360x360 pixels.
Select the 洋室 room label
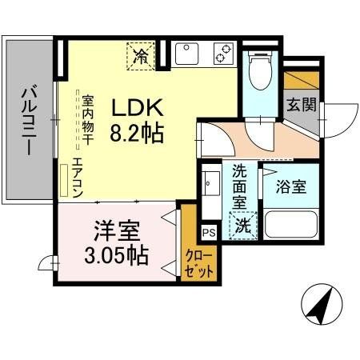click(118, 232)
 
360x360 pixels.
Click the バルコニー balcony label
click(26, 119)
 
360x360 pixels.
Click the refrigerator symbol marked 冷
click(140, 55)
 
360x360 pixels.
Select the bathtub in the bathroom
click(290, 223)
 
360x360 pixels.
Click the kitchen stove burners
click(222, 54)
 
